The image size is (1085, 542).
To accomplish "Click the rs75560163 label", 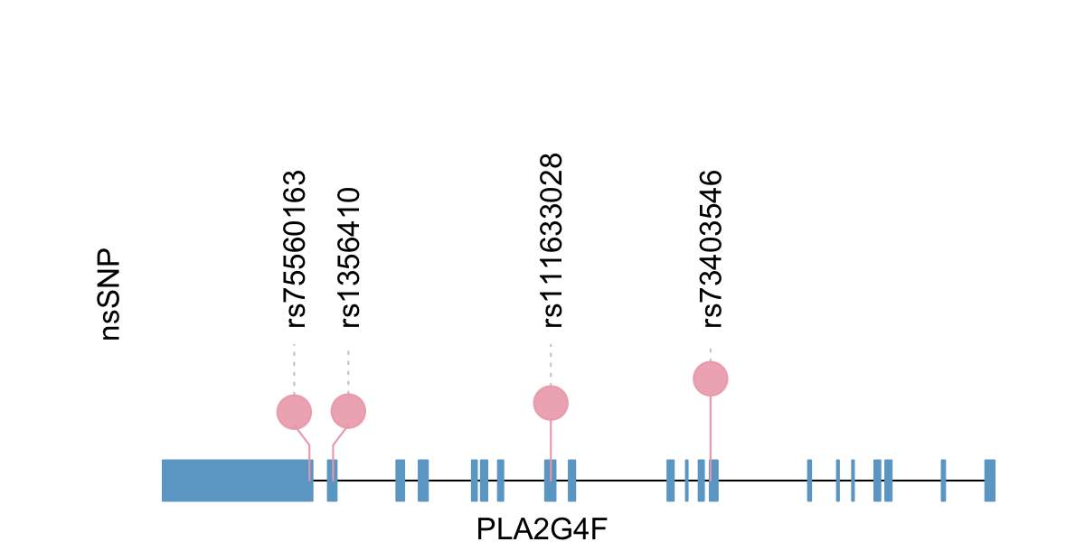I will coord(297,248).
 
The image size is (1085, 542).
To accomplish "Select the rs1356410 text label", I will coord(350,257).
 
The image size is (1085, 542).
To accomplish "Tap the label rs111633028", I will coord(552,239).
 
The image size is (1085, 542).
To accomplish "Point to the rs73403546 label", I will coord(712,248).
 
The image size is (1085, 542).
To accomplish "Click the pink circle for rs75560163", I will coord(294,412).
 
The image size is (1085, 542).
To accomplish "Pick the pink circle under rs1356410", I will coord(348,411).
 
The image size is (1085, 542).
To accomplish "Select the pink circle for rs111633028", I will coord(551,403).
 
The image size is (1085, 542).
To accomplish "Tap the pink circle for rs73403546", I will coord(711,378).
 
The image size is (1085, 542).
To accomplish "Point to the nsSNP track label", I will coord(110,295).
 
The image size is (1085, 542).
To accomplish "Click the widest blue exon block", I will coord(237,480).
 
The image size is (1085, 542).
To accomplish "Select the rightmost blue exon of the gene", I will coord(990,480).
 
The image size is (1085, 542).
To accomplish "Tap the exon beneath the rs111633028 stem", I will coord(550,480).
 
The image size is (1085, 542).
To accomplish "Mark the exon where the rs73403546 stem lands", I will coord(713,480).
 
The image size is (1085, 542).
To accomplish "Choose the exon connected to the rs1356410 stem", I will coord(333,480).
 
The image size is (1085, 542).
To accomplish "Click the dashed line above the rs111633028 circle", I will coord(551,364).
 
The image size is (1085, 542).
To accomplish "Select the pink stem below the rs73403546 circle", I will coord(711,429).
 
